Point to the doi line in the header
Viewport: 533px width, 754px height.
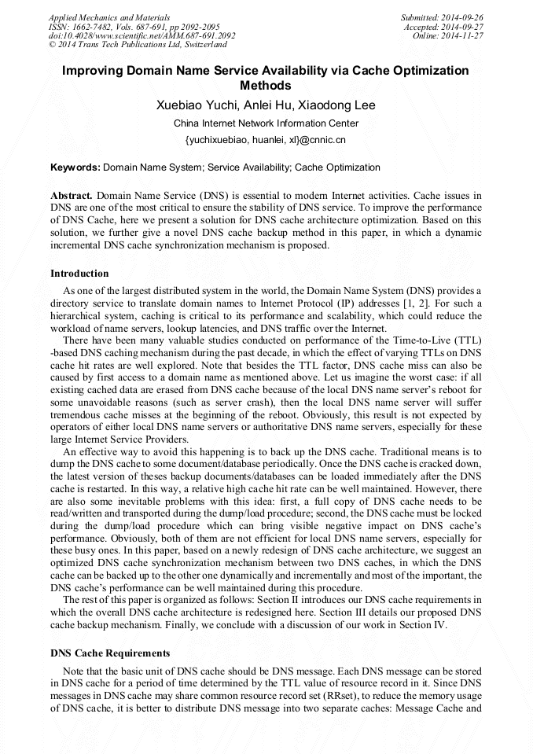142,35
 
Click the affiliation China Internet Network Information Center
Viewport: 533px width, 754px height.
266,123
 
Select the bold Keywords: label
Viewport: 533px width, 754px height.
75,167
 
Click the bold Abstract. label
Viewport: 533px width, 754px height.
72,194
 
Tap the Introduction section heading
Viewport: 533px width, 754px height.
79,274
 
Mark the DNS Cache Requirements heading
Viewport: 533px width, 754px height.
109,653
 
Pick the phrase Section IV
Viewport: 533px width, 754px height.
424,626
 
